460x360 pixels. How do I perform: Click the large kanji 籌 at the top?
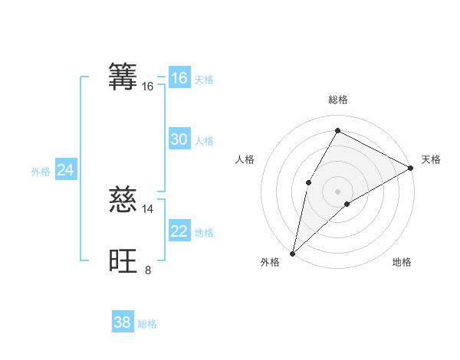pos(123,77)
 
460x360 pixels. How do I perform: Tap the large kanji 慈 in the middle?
pos(123,199)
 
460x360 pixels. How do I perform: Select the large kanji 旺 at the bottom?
pos(123,260)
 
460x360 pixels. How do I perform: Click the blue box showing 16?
pos(179,78)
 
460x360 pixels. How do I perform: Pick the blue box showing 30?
pos(179,139)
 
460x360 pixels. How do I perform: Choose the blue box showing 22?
pos(179,231)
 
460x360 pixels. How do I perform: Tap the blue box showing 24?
pos(66,170)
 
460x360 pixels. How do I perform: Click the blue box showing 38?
pos(123,322)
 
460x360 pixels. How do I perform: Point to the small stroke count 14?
pos(148,208)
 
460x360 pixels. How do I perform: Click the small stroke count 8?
pos(148,270)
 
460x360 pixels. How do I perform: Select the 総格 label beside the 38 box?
pos(147,324)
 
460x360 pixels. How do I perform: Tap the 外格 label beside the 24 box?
pos(41,172)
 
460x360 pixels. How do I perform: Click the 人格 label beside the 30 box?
pos(204,141)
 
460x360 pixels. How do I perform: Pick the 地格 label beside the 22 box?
pos(204,233)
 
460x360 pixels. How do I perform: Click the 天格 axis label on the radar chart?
pos(431,159)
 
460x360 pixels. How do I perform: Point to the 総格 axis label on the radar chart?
pos(338,100)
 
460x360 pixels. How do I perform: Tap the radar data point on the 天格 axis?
pos(411,168)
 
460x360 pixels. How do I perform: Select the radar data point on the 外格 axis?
pos(292,254)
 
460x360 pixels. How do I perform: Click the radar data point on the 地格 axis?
pos(347,204)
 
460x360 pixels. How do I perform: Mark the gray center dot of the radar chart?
pos(337,191)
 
